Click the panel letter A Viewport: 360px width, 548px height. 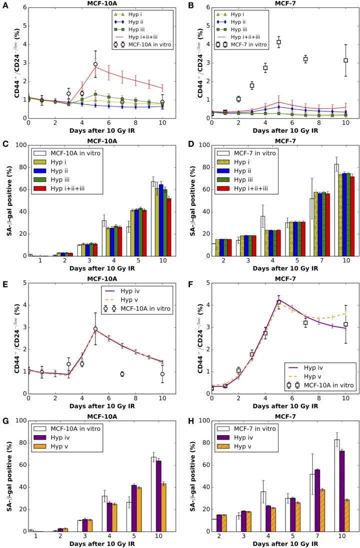tap(4, 4)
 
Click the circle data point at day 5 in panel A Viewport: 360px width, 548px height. tap(95, 64)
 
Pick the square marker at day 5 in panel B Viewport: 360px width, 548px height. tap(278, 42)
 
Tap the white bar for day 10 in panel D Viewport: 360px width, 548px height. tap(322, 209)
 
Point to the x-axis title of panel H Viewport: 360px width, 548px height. tap(278, 543)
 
